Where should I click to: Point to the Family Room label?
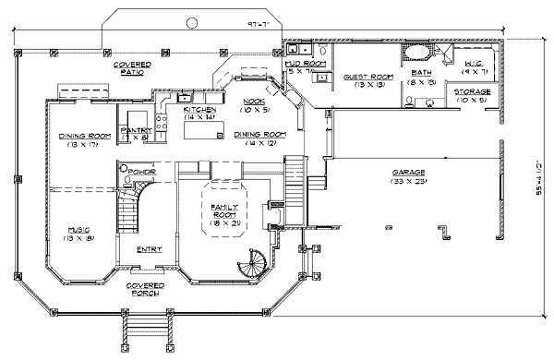(x=224, y=208)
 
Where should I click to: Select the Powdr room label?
(x=141, y=172)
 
